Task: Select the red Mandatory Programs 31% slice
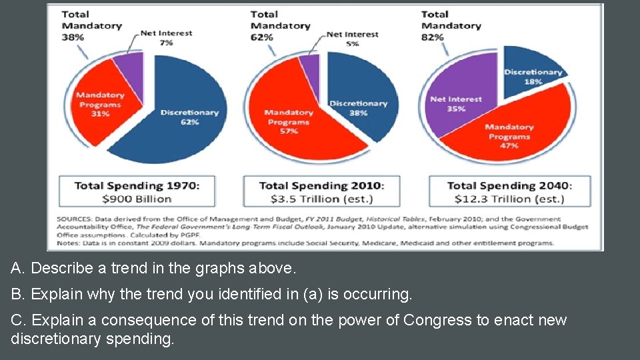click(x=100, y=107)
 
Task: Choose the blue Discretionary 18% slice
click(x=530, y=73)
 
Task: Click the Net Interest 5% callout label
click(x=353, y=38)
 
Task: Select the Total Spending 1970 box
click(x=137, y=191)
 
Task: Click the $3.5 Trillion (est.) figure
click(x=321, y=199)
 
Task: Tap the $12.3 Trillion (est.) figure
click(x=509, y=199)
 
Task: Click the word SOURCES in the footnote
click(x=75, y=219)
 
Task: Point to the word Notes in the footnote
click(x=69, y=243)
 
